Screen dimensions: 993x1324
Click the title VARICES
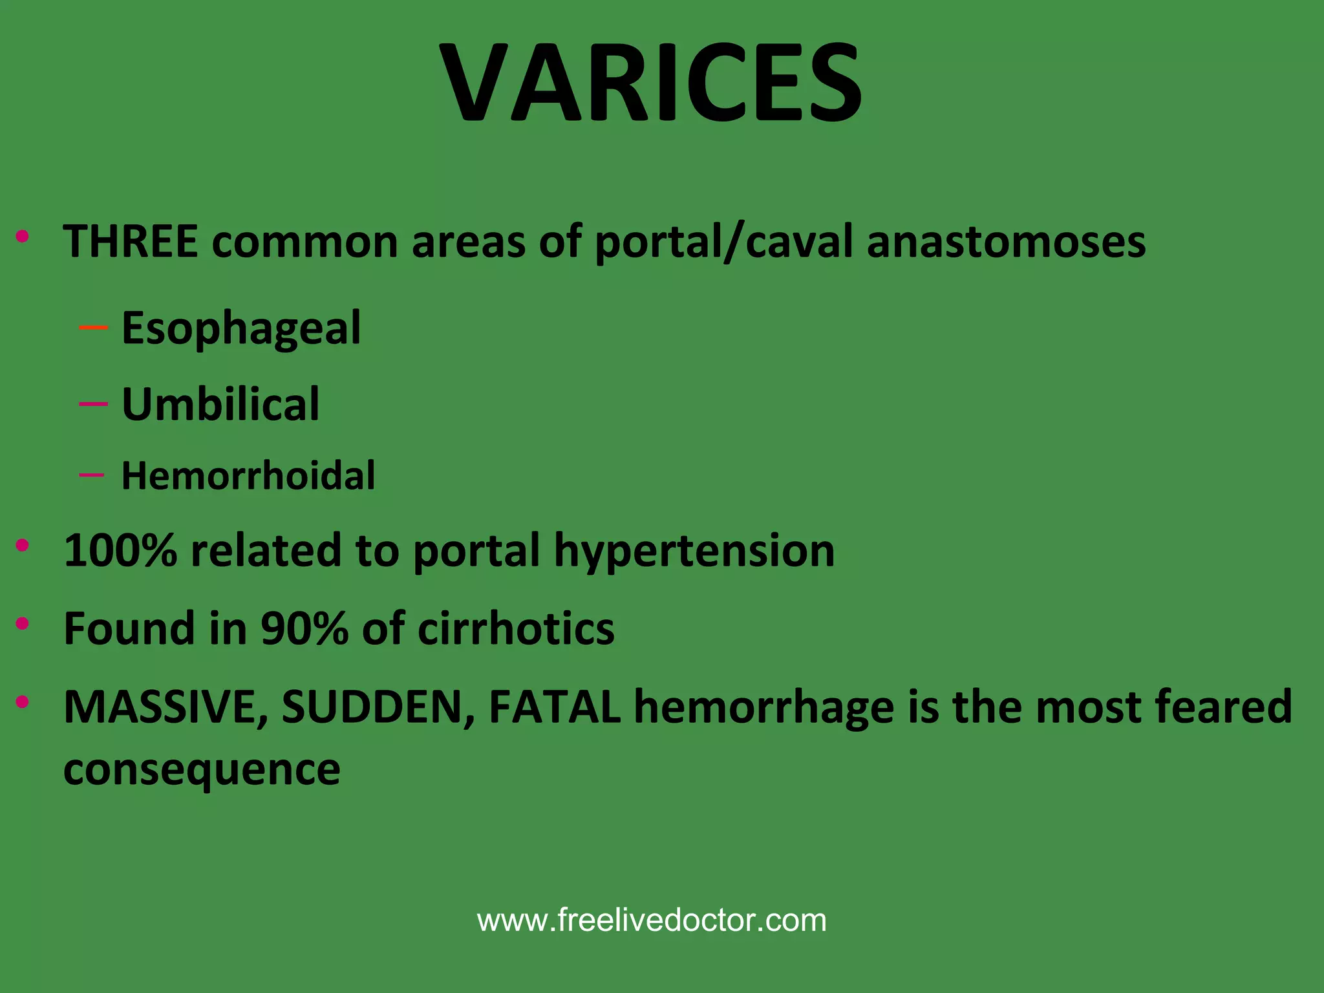(x=651, y=83)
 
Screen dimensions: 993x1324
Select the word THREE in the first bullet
(x=130, y=242)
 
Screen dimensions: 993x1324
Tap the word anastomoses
(x=1006, y=242)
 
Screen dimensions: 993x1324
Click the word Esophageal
(x=241, y=328)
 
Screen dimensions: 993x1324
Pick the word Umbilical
(x=220, y=405)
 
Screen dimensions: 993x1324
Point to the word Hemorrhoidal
(x=248, y=476)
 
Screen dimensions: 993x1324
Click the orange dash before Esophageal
(x=93, y=328)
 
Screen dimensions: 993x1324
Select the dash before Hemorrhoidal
(x=92, y=475)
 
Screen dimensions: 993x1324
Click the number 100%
(x=120, y=551)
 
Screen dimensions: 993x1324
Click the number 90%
(x=304, y=628)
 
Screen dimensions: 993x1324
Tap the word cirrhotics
(x=516, y=628)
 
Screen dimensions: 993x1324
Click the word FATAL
(x=555, y=707)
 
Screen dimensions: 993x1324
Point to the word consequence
(x=202, y=770)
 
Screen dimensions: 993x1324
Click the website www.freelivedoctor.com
(x=652, y=920)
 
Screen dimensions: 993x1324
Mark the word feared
(x=1224, y=707)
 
